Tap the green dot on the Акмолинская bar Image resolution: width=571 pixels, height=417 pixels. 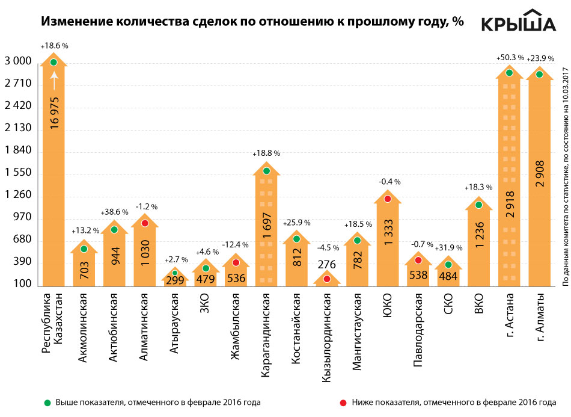pyautogui.click(x=84, y=249)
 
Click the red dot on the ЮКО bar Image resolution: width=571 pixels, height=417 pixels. pyautogui.click(x=388, y=199)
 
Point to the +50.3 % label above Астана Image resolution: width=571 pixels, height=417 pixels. pyautogui.click(x=510, y=58)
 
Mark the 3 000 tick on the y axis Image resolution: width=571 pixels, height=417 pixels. pyautogui.click(x=18, y=62)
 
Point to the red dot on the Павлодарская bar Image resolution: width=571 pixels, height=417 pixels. pyautogui.click(x=418, y=260)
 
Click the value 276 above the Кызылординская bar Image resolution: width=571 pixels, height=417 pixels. pyautogui.click(x=327, y=264)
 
